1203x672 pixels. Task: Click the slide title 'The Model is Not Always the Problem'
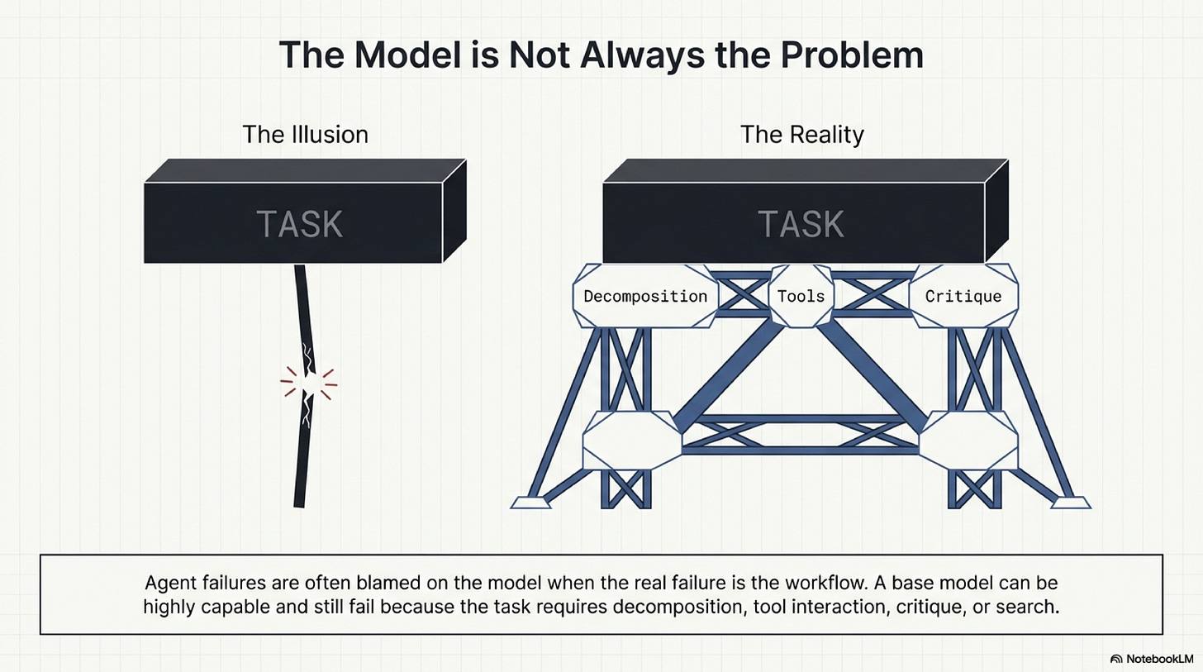click(601, 55)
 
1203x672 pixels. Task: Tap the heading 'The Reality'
click(801, 134)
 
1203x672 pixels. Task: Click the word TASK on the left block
click(299, 224)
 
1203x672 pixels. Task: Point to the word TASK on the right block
click(801, 224)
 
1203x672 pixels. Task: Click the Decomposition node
click(645, 296)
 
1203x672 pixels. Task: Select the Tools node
click(801, 295)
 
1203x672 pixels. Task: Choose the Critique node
click(963, 296)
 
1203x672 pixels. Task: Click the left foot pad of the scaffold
click(530, 501)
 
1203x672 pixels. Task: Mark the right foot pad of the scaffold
click(1071, 501)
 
